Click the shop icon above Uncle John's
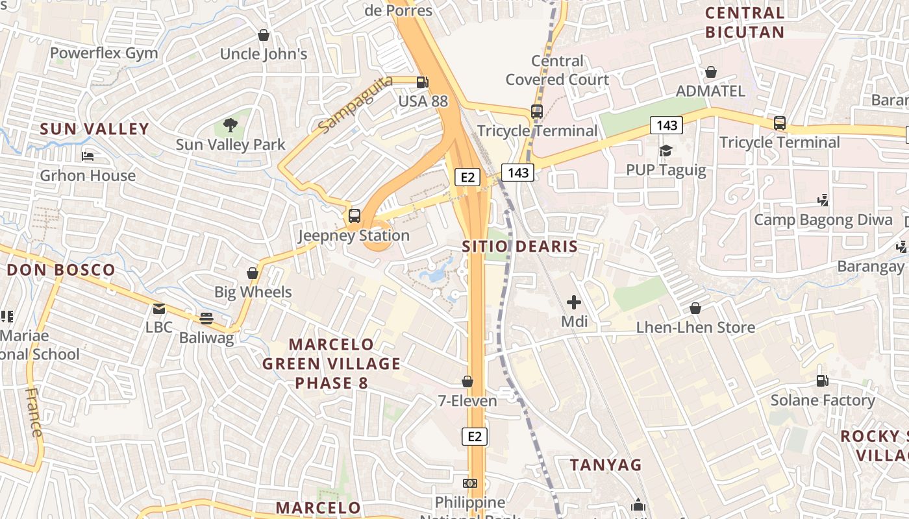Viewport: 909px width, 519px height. (x=264, y=35)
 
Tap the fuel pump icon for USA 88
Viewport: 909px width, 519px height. (x=422, y=82)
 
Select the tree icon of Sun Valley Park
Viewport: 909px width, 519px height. (x=230, y=125)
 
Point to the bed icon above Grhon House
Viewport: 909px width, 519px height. (x=88, y=156)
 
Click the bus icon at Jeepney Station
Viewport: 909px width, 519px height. (x=355, y=216)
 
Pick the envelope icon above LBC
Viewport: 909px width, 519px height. (x=159, y=309)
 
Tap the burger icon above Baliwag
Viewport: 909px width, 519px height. (x=206, y=318)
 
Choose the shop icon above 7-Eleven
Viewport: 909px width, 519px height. (x=467, y=381)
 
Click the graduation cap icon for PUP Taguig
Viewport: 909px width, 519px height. (x=666, y=151)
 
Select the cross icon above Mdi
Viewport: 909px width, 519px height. (x=573, y=302)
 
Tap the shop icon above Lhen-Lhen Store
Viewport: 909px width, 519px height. (x=695, y=308)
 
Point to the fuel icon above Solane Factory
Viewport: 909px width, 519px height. (x=822, y=381)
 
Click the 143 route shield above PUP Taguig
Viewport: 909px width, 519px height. (x=666, y=125)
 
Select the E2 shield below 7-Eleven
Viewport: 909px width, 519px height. (x=475, y=437)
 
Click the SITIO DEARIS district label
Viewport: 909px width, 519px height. (x=519, y=247)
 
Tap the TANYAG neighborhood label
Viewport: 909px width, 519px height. (x=606, y=465)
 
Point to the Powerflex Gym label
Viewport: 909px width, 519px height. (x=104, y=53)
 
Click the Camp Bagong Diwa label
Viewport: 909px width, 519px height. (x=823, y=220)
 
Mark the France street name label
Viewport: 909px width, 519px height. (x=33, y=412)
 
